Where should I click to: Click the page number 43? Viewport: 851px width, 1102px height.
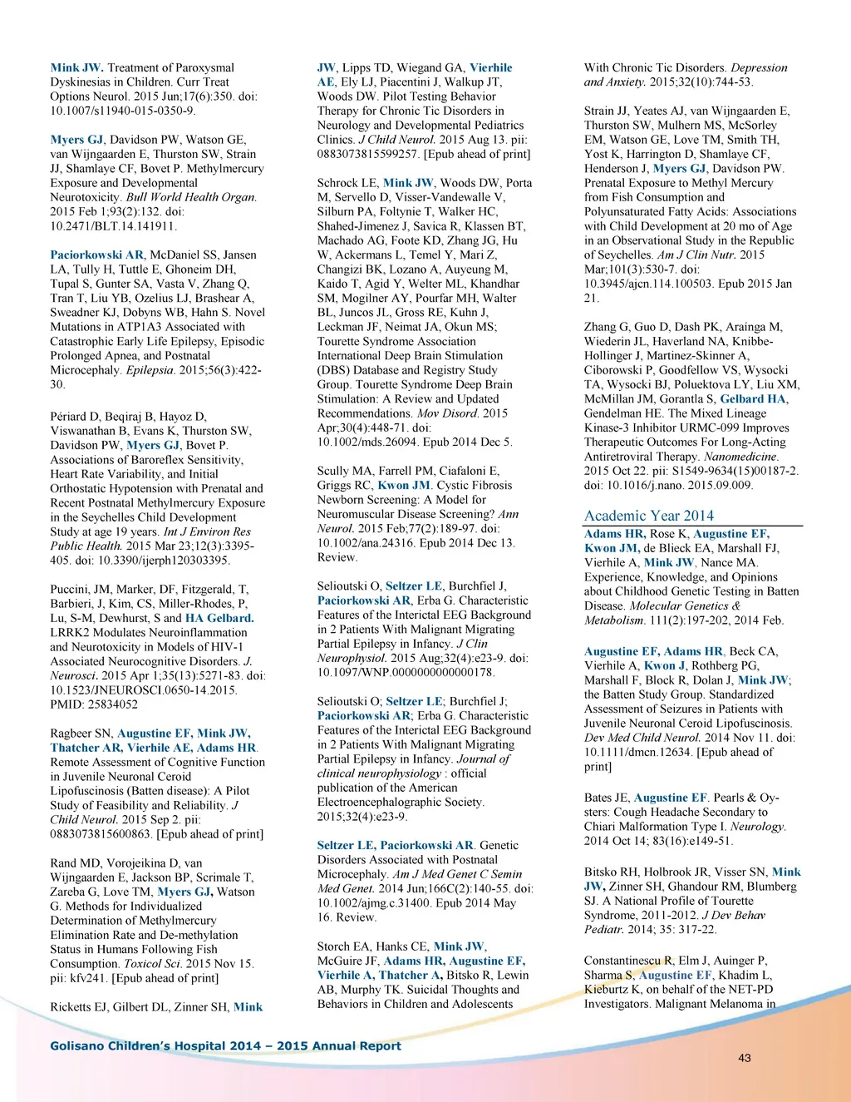pos(744,1058)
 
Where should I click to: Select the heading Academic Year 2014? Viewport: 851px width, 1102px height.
pos(648,516)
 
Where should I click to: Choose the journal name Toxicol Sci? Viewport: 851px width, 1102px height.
pos(154,964)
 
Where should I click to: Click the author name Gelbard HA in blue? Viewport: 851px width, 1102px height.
pos(753,398)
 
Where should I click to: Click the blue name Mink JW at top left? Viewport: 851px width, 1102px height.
pos(76,67)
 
